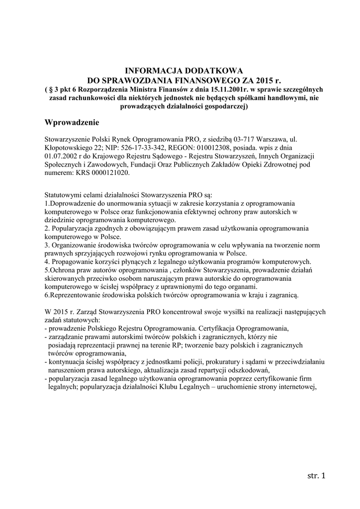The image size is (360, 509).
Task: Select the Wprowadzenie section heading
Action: point(72,122)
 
